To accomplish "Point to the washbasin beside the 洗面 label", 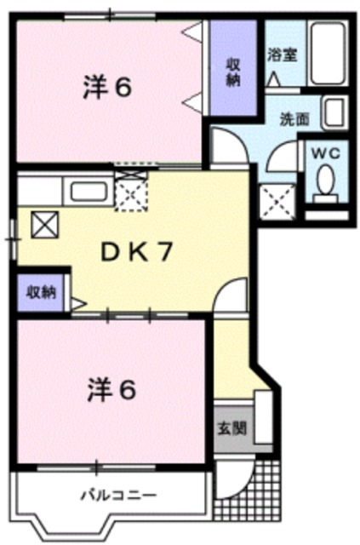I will click(x=334, y=112).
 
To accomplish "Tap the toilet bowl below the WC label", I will click(x=324, y=181).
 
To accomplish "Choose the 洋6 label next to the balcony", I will click(x=111, y=391).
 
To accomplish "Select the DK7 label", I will click(x=137, y=252).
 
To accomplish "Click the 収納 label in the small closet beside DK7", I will click(x=40, y=292).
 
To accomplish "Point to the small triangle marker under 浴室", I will click(x=272, y=78).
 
